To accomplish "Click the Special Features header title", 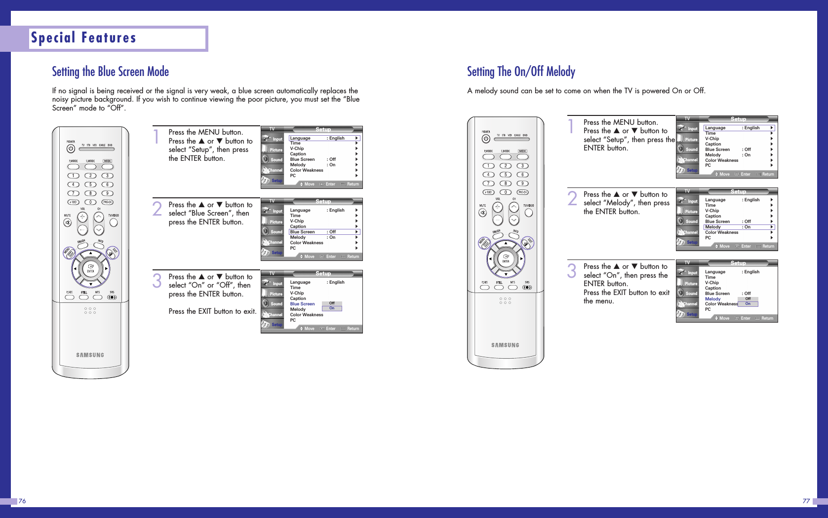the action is (x=83, y=38).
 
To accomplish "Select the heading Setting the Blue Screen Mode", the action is (x=111, y=72).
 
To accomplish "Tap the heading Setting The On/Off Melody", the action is (x=521, y=72).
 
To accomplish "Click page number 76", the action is (x=22, y=501).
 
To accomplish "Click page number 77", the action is (x=806, y=501).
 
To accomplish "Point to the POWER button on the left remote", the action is (x=71, y=148).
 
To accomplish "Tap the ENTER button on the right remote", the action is (x=506, y=258).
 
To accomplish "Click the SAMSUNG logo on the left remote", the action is (x=90, y=355).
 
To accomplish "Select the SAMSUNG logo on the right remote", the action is (x=505, y=345).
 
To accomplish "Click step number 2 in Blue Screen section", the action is (x=157, y=209).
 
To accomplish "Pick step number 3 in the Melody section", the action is (x=572, y=271).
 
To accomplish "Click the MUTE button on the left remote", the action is (x=67, y=222).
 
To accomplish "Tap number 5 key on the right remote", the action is (x=506, y=175).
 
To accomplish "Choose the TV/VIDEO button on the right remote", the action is (x=529, y=213).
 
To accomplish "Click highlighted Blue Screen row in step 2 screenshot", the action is (x=324, y=232).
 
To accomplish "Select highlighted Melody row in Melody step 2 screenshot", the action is (x=739, y=227).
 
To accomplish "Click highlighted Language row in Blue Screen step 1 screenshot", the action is (x=324, y=138).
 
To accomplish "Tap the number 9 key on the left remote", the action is (x=107, y=193).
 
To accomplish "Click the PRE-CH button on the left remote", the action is (x=107, y=202).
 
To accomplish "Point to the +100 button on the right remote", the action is (x=488, y=192).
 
